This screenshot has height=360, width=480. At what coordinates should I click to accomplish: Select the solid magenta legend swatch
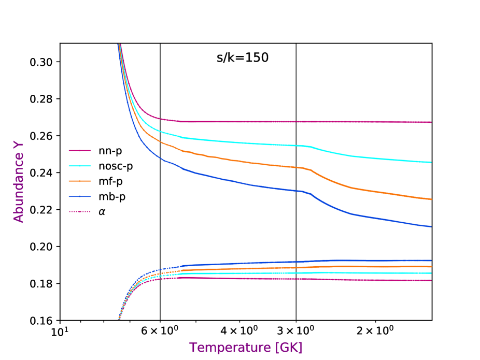pyautogui.click(x=80, y=151)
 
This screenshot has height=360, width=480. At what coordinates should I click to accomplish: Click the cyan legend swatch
pyautogui.click(x=80, y=166)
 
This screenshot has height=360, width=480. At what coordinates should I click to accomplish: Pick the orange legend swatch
pyautogui.click(x=80, y=181)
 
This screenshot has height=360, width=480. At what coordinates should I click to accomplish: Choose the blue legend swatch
pyautogui.click(x=80, y=196)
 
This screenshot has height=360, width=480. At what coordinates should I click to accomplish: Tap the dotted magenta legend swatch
pyautogui.click(x=80, y=211)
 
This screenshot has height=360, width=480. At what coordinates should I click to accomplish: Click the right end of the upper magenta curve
pyautogui.click(x=431, y=122)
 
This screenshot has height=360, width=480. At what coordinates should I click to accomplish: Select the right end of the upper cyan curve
pyautogui.click(x=431, y=162)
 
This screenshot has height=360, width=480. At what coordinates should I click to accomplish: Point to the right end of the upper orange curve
pyautogui.click(x=431, y=199)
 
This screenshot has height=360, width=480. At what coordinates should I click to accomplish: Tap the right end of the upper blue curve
pyautogui.click(x=431, y=226)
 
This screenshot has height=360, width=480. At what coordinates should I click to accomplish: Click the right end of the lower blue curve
pyautogui.click(x=431, y=261)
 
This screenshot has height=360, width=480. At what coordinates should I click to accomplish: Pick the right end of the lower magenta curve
pyautogui.click(x=431, y=280)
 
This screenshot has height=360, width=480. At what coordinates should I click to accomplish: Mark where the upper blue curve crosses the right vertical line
pyautogui.click(x=296, y=191)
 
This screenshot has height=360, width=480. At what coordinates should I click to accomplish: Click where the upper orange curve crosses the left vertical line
pyautogui.click(x=160, y=141)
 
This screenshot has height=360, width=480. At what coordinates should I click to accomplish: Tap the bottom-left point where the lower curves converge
pyautogui.click(x=119, y=319)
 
